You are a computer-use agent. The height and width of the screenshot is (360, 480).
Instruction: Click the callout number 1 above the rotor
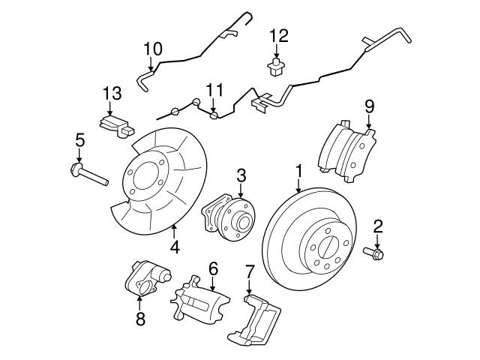coord(298,172)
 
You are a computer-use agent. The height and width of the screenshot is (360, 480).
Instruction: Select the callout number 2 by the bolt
coord(378,226)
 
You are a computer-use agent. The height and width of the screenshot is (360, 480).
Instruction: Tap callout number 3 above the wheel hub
coord(241,175)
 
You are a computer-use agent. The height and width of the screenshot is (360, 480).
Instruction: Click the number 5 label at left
coord(79,139)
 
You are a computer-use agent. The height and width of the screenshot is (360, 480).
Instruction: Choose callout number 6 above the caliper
coord(213,268)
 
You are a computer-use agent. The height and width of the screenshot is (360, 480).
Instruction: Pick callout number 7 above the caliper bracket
coord(250,271)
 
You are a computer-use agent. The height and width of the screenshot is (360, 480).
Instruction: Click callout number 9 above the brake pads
coord(369,106)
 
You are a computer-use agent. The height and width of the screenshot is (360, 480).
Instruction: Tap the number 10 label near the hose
coord(152,49)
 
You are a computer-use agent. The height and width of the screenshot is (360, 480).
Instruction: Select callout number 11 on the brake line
coord(215,90)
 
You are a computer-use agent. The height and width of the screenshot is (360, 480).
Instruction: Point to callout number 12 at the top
coord(278,34)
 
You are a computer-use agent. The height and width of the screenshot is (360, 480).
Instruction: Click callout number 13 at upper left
coord(112,93)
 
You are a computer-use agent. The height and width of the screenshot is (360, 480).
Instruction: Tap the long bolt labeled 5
coord(87,175)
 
